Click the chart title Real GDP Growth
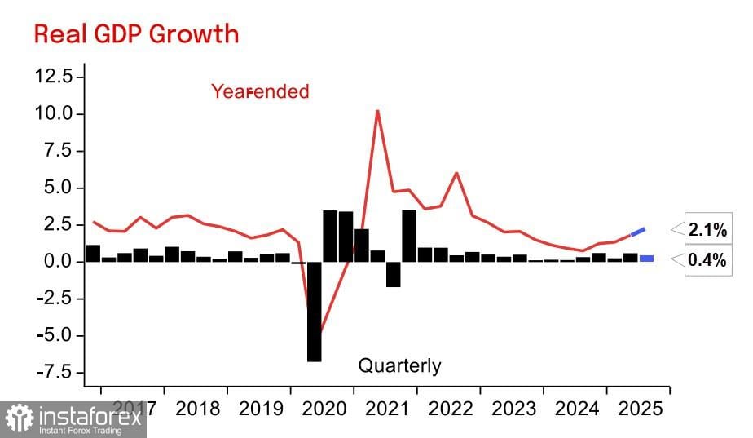click(x=136, y=33)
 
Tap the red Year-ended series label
click(x=260, y=91)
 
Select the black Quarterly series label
click(x=399, y=365)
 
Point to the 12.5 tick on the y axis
click(x=55, y=76)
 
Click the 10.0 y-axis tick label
click(x=55, y=113)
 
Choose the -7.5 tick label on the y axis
click(x=55, y=373)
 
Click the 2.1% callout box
click(x=706, y=231)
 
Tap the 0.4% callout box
click(x=706, y=262)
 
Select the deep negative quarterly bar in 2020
click(x=314, y=312)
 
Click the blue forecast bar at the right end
click(x=646, y=259)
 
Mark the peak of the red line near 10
click(x=377, y=111)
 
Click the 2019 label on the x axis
click(x=261, y=408)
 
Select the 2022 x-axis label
click(x=451, y=408)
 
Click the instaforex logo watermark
click(x=73, y=419)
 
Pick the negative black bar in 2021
click(x=393, y=274)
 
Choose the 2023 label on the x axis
click(x=513, y=408)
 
